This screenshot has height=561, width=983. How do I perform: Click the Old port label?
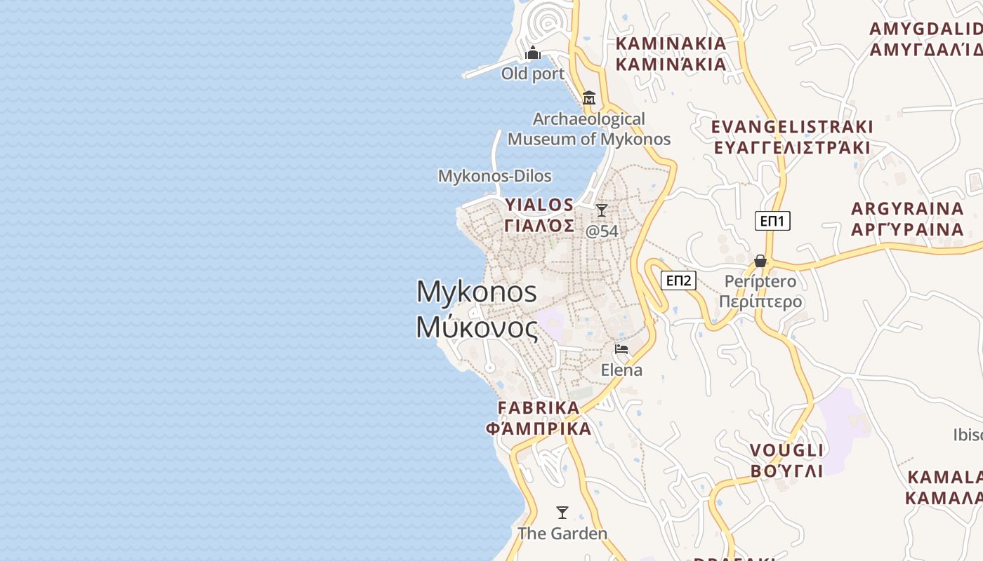coord(532,74)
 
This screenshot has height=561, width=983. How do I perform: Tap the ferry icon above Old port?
coord(533,53)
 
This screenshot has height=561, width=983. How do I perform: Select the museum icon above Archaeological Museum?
coord(589,97)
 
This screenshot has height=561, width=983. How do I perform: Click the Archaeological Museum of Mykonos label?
coord(589,129)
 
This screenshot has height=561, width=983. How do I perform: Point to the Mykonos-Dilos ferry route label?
coord(495,176)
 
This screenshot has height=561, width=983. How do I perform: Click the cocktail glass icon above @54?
coord(602,210)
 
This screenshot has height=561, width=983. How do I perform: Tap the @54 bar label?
coord(602,231)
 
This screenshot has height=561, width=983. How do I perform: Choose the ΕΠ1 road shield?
coord(773,221)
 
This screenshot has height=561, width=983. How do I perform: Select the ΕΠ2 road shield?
coord(679,281)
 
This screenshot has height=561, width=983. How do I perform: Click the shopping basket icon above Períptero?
coord(760,261)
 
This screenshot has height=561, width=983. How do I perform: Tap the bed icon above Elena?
coord(621,349)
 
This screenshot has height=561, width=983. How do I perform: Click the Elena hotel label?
coord(621,370)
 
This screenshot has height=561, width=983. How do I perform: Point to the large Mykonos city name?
coord(477,309)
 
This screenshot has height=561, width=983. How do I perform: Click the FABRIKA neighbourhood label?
coord(539,418)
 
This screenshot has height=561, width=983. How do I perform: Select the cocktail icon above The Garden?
coord(562,512)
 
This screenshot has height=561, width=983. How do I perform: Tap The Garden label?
coord(562,534)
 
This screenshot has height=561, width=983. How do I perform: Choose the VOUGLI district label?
coord(786,460)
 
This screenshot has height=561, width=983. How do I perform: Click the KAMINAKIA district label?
coord(671,54)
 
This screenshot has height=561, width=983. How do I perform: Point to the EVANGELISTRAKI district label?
coord(792,137)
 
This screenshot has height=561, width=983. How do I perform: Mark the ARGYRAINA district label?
coord(907,219)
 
